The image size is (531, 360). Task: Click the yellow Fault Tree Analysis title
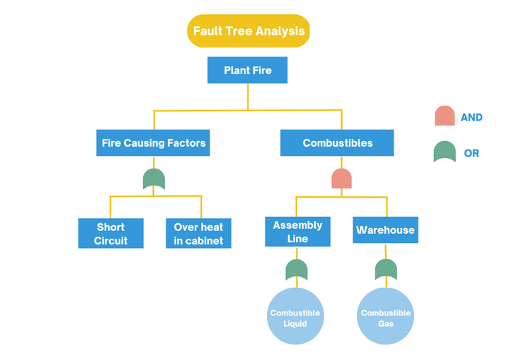click(x=249, y=31)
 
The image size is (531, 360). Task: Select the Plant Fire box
click(x=247, y=70)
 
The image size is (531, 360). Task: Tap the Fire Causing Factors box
click(x=154, y=142)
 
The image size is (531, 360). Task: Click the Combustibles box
click(x=337, y=142)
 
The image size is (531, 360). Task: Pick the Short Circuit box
click(x=110, y=233)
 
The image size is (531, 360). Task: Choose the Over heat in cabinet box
click(x=198, y=233)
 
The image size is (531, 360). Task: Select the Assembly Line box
click(x=297, y=232)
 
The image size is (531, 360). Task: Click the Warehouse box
click(x=385, y=230)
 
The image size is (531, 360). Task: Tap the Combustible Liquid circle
click(x=295, y=317)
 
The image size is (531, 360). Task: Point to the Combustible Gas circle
click(x=385, y=317)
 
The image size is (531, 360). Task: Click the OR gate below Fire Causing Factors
click(x=154, y=179)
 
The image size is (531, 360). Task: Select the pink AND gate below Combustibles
click(x=341, y=179)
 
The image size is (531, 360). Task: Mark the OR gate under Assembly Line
click(x=297, y=270)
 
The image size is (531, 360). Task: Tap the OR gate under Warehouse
click(x=386, y=270)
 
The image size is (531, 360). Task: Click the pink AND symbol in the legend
click(x=445, y=116)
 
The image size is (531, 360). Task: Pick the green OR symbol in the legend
click(x=445, y=152)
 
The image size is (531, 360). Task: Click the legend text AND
click(x=472, y=118)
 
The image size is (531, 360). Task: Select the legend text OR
click(x=472, y=153)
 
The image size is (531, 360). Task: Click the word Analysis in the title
click(x=280, y=31)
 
